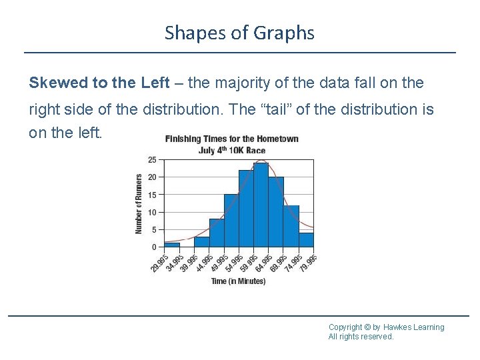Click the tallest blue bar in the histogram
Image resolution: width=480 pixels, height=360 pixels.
click(261, 205)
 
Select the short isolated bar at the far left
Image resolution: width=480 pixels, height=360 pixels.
click(172, 245)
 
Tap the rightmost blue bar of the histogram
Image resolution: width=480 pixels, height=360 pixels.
click(306, 239)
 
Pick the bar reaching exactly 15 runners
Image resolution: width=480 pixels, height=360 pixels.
click(231, 221)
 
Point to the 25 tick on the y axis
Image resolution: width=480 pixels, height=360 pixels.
click(153, 160)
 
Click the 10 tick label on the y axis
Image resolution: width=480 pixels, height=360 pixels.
click(153, 213)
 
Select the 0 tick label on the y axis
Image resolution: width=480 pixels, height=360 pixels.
click(155, 247)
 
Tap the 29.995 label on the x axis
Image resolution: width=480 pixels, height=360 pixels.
click(157, 263)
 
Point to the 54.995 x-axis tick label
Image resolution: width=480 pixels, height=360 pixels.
click(232, 263)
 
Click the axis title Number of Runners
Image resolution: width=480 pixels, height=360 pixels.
click(139, 203)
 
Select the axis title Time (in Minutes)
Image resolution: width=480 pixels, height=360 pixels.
click(238, 281)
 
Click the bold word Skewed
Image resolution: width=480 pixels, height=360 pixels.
click(59, 83)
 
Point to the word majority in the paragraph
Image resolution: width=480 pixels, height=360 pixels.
click(241, 83)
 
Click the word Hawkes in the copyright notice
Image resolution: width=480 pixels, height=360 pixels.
click(398, 327)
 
